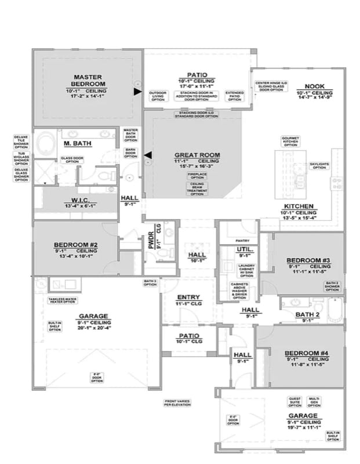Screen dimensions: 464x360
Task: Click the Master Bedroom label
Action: [88, 81]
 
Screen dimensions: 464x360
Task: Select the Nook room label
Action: [314, 85]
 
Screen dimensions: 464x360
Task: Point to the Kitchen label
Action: [299, 206]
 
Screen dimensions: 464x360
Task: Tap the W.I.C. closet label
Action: [76, 199]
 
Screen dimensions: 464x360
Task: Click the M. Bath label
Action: [75, 143]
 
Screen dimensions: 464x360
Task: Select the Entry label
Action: [189, 297]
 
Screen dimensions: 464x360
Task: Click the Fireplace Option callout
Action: [195, 176]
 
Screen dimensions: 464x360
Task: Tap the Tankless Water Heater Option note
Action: [61, 301]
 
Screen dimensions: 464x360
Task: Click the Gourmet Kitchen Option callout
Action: [290, 140]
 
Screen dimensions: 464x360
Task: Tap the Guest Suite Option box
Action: [295, 401]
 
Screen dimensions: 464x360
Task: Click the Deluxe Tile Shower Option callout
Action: [21, 141]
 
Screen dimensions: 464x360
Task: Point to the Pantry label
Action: [242, 240]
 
